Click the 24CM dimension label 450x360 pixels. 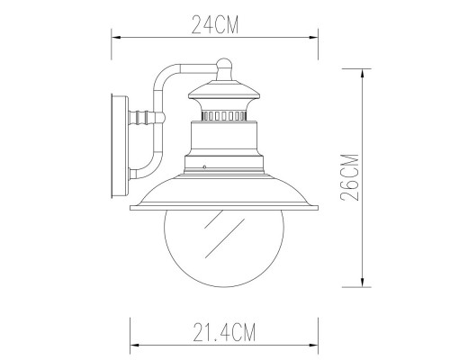pyautogui.click(x=214, y=25)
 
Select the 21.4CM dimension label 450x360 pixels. pyautogui.click(x=223, y=335)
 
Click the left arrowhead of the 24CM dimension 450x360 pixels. pyautogui.click(x=115, y=37)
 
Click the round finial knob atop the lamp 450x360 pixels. pyautogui.click(x=225, y=63)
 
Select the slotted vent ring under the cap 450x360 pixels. pyautogui.click(x=224, y=115)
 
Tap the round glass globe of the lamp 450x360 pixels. pyautogui.click(x=222, y=247)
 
